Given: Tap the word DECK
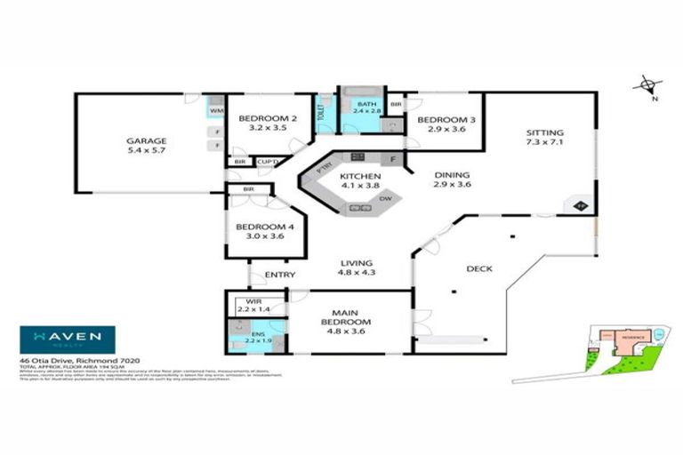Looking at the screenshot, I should (x=479, y=268).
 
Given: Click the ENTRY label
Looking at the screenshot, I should (x=280, y=275).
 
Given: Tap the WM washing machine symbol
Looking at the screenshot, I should (x=216, y=110).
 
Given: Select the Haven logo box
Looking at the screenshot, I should (x=68, y=339).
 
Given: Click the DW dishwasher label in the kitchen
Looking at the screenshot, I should (x=386, y=199).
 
